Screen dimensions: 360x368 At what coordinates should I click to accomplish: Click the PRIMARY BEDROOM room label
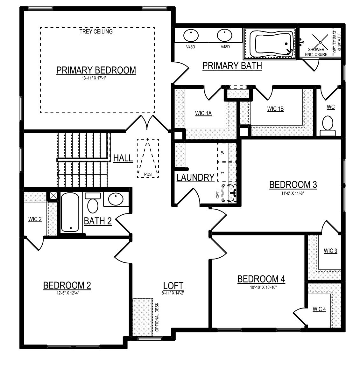point(96,70)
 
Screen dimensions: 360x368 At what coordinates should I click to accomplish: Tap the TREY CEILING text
point(96,31)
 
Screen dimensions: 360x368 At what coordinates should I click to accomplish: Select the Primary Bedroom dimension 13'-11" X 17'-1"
point(94,78)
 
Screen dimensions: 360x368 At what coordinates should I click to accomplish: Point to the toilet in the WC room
point(328,126)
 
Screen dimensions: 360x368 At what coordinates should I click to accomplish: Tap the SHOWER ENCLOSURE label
point(316,52)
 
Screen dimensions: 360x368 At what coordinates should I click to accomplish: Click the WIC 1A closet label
point(203,113)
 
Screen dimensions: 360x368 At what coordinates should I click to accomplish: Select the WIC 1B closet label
point(275,109)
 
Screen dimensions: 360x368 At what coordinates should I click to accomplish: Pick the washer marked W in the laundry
point(223,152)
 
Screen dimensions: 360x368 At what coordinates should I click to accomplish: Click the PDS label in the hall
point(148,174)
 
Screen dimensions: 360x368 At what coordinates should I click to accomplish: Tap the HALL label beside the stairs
point(123,158)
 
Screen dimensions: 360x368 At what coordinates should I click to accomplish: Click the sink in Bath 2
point(116,199)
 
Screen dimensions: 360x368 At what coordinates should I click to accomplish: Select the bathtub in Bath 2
point(70,212)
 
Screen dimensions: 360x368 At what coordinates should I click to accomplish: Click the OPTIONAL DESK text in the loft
point(157,317)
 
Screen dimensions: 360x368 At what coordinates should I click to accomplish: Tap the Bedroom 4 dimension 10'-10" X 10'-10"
point(264,287)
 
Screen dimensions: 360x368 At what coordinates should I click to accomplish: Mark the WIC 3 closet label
point(330,251)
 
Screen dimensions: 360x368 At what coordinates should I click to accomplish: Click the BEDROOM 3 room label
point(293,185)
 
